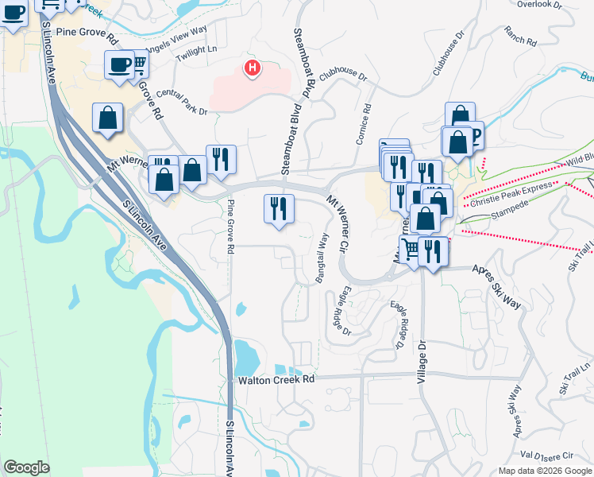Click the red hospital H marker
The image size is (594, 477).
pos(253,68)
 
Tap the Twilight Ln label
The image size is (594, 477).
pos(196,50)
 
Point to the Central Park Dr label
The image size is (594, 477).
pos(181,103)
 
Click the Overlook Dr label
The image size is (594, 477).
pos(539,5)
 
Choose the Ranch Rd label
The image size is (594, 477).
pos(521,36)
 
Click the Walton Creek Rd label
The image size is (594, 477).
pos(276,380)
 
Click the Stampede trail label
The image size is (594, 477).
pos(509,215)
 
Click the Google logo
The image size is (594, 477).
pos(26,467)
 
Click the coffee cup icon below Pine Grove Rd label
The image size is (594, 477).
pos(120,64)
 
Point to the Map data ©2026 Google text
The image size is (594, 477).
pos(545,471)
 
